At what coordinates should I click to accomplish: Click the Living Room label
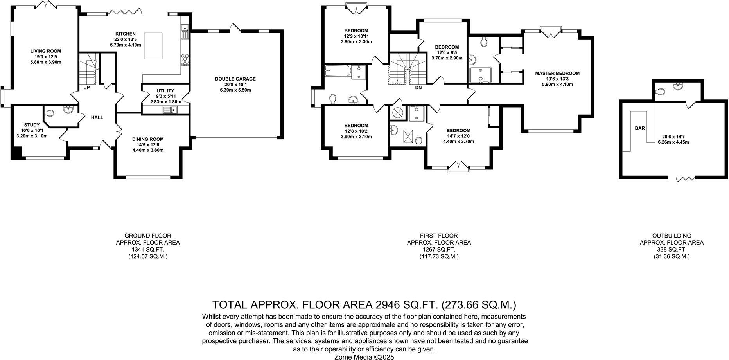click(x=46, y=51)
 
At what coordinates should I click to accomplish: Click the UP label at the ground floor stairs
click(x=86, y=88)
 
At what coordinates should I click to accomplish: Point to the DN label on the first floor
click(x=418, y=88)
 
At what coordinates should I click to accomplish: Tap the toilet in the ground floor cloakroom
click(x=49, y=113)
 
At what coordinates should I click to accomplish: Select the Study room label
click(x=32, y=125)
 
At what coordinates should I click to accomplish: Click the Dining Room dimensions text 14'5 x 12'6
click(x=148, y=145)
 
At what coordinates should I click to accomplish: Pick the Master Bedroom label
click(x=557, y=73)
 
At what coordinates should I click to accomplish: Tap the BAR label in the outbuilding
click(x=640, y=128)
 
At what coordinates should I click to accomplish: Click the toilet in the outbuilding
click(x=660, y=92)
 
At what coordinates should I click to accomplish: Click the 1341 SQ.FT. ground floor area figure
click(x=148, y=250)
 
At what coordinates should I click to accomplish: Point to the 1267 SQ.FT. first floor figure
click(x=439, y=250)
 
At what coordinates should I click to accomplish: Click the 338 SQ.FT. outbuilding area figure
click(x=672, y=250)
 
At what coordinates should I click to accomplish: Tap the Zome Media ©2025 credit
click(x=364, y=357)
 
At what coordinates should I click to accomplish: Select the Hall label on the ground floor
click(x=97, y=117)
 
